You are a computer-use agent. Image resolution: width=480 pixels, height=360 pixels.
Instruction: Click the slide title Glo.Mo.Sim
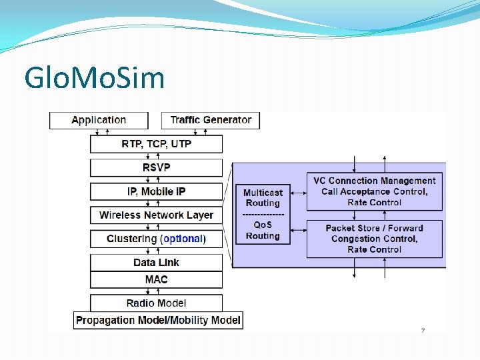(94, 78)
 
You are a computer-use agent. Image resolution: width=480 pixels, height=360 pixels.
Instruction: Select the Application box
(99, 120)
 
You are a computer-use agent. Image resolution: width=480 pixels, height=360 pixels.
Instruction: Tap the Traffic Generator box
(211, 120)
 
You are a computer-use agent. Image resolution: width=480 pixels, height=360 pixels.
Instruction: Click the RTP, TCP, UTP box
(156, 144)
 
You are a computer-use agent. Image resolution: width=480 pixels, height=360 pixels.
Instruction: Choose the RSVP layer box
(156, 167)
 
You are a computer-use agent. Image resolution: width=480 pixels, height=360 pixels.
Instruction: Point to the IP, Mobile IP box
(156, 191)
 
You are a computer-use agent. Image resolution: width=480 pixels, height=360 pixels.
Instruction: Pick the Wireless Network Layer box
(156, 215)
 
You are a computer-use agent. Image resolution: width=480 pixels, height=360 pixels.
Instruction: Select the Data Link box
(156, 262)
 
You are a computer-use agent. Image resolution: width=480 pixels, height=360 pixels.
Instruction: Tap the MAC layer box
(156, 279)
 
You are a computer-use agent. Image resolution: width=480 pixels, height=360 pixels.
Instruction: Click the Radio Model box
(156, 303)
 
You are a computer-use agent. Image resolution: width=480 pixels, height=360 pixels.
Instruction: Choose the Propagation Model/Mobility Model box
(158, 320)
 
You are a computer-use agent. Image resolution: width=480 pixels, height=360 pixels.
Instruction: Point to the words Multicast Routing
(263, 197)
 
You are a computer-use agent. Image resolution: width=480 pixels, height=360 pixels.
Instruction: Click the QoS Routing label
(263, 230)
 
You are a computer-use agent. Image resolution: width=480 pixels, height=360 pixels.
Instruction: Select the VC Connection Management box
(374, 191)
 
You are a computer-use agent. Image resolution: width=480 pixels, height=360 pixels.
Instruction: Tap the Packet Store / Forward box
(374, 239)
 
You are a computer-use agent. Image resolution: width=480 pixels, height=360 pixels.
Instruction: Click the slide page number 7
(422, 331)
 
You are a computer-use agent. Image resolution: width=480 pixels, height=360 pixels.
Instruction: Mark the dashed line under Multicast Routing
(263, 214)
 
